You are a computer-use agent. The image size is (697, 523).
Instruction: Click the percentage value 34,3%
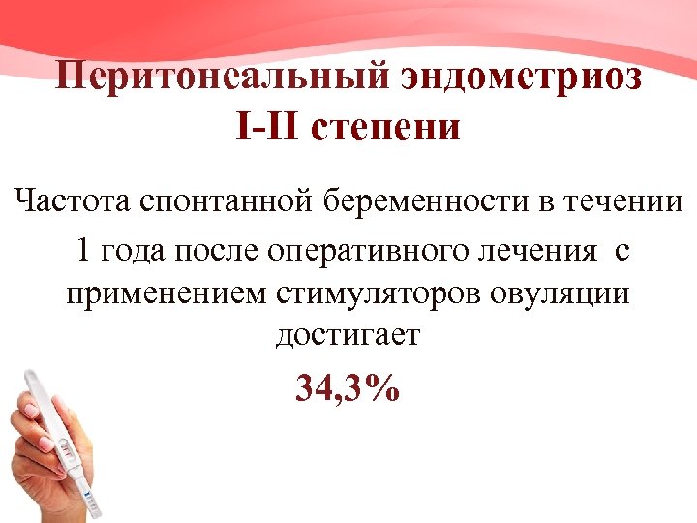(348, 390)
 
